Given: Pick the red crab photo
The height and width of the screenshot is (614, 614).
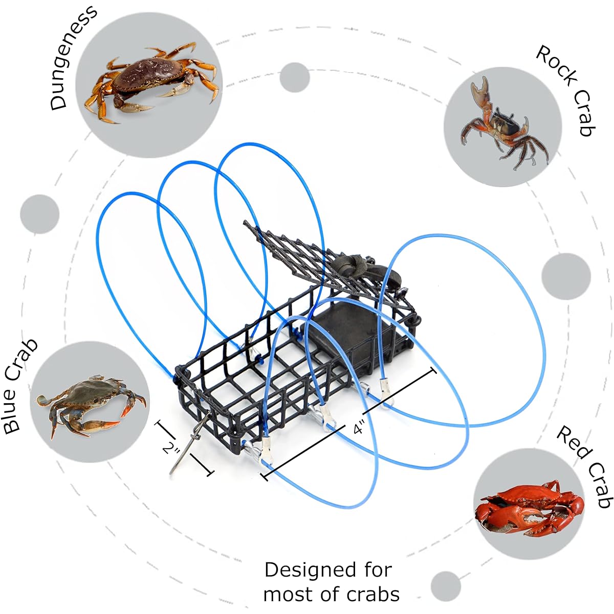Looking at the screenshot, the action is click(x=530, y=509).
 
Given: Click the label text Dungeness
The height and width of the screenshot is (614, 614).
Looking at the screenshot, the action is click(x=73, y=58).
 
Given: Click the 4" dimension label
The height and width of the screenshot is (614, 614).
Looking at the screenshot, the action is click(x=359, y=428).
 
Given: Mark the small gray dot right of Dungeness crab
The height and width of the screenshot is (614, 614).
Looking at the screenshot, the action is click(x=295, y=77).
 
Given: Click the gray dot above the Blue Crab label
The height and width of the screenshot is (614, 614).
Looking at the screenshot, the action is click(x=39, y=214).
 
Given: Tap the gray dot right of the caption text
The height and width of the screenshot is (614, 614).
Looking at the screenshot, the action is click(x=446, y=586).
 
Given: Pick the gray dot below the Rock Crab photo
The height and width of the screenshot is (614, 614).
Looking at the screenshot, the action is click(x=566, y=277).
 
